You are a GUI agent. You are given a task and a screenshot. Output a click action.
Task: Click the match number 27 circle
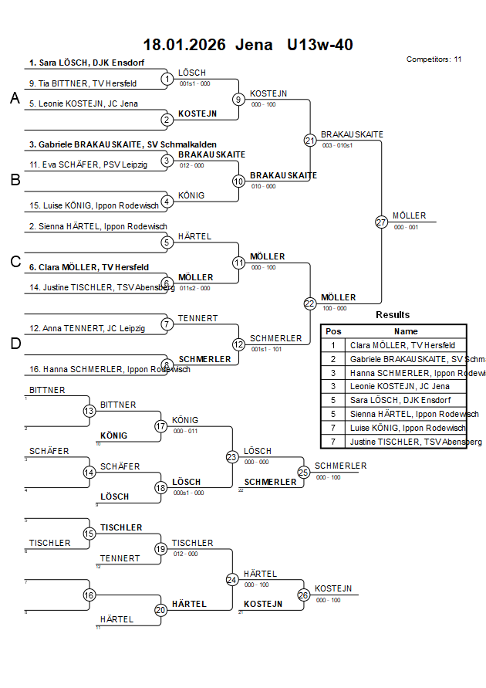coord(381,222)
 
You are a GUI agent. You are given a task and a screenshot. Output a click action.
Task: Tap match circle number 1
coord(167,79)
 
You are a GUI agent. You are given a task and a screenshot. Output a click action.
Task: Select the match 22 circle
coord(310,303)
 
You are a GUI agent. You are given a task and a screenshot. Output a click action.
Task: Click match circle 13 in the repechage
coord(89,411)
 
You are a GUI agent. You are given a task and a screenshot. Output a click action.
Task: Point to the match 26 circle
coord(303,595)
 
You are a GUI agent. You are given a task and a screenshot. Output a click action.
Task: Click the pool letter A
coord(15,98)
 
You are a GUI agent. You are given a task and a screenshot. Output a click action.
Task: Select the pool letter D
coord(15,344)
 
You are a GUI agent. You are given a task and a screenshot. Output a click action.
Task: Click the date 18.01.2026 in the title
coord(184,45)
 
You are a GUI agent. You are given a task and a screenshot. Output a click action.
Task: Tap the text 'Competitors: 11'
coord(434,59)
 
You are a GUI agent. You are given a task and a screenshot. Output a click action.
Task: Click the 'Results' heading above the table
coord(393,314)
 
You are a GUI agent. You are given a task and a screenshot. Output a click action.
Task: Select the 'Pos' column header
coord(333,330)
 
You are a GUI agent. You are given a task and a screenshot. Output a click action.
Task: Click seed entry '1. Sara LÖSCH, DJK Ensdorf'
coord(86,63)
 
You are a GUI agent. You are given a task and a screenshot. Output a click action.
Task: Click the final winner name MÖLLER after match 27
coord(409,216)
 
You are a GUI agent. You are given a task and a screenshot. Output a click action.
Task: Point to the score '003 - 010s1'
coord(338,145)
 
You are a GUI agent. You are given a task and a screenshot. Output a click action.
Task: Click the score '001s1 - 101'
coord(266,349)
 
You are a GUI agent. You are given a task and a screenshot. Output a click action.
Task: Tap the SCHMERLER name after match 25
coord(340,466)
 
